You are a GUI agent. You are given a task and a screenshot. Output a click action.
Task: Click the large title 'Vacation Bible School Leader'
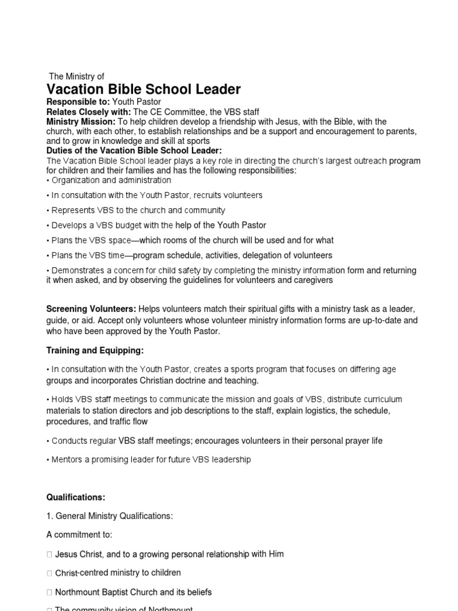[144, 90]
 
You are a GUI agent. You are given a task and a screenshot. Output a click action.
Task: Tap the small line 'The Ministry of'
[76, 76]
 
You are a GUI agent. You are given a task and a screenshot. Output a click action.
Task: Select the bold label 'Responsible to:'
[76, 102]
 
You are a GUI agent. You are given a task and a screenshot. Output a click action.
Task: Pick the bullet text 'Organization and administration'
[112, 180]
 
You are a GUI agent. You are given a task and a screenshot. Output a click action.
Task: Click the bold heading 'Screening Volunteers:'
[91, 308]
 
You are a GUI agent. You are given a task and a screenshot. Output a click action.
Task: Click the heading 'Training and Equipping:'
[95, 350]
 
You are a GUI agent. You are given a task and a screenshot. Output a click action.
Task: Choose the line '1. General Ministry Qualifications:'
[110, 516]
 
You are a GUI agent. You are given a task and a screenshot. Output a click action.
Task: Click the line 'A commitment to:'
[79, 535]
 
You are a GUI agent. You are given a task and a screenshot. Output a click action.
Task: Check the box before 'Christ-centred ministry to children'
[49, 573]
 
